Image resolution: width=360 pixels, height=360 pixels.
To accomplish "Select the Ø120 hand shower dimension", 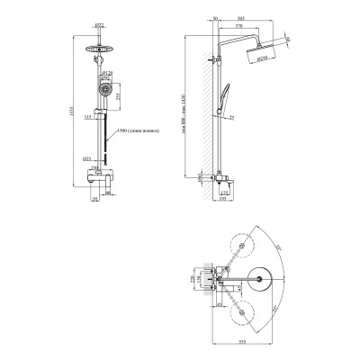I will (106, 71).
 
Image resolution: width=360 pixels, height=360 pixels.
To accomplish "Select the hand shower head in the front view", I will (100, 88).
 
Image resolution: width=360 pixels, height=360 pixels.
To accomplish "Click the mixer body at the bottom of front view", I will (98, 172).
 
